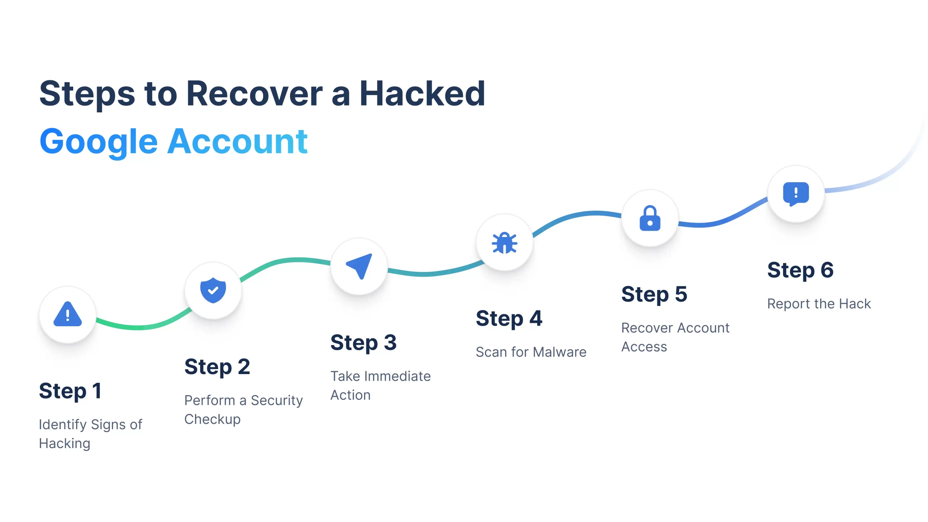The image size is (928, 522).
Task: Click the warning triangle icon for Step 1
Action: [x=68, y=314]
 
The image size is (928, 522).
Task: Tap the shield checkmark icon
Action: [x=213, y=290]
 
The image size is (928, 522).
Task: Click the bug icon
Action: [x=504, y=242]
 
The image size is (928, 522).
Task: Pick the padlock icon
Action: [x=650, y=218]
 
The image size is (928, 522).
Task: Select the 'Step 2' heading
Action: [x=217, y=367]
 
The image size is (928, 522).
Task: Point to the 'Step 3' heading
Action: [x=363, y=343]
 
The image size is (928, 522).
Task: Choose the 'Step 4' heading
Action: [x=509, y=319]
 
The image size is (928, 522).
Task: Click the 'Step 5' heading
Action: [x=654, y=294]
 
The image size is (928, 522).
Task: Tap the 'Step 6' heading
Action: [x=800, y=270]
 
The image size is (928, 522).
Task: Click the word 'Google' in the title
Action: [x=99, y=142]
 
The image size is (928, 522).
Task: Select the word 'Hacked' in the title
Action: [x=422, y=94]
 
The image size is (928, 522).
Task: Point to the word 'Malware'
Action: [x=560, y=352]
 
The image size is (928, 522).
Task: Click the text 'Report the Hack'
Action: [x=819, y=304]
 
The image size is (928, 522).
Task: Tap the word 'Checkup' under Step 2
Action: [x=212, y=419]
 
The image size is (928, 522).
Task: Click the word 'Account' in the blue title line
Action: [x=237, y=142]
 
